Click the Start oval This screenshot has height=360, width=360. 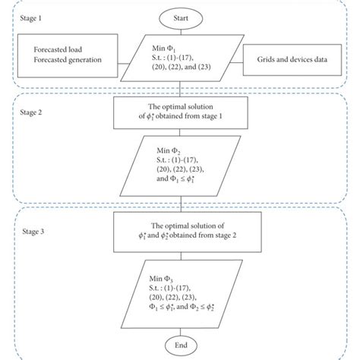(x=180, y=17)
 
